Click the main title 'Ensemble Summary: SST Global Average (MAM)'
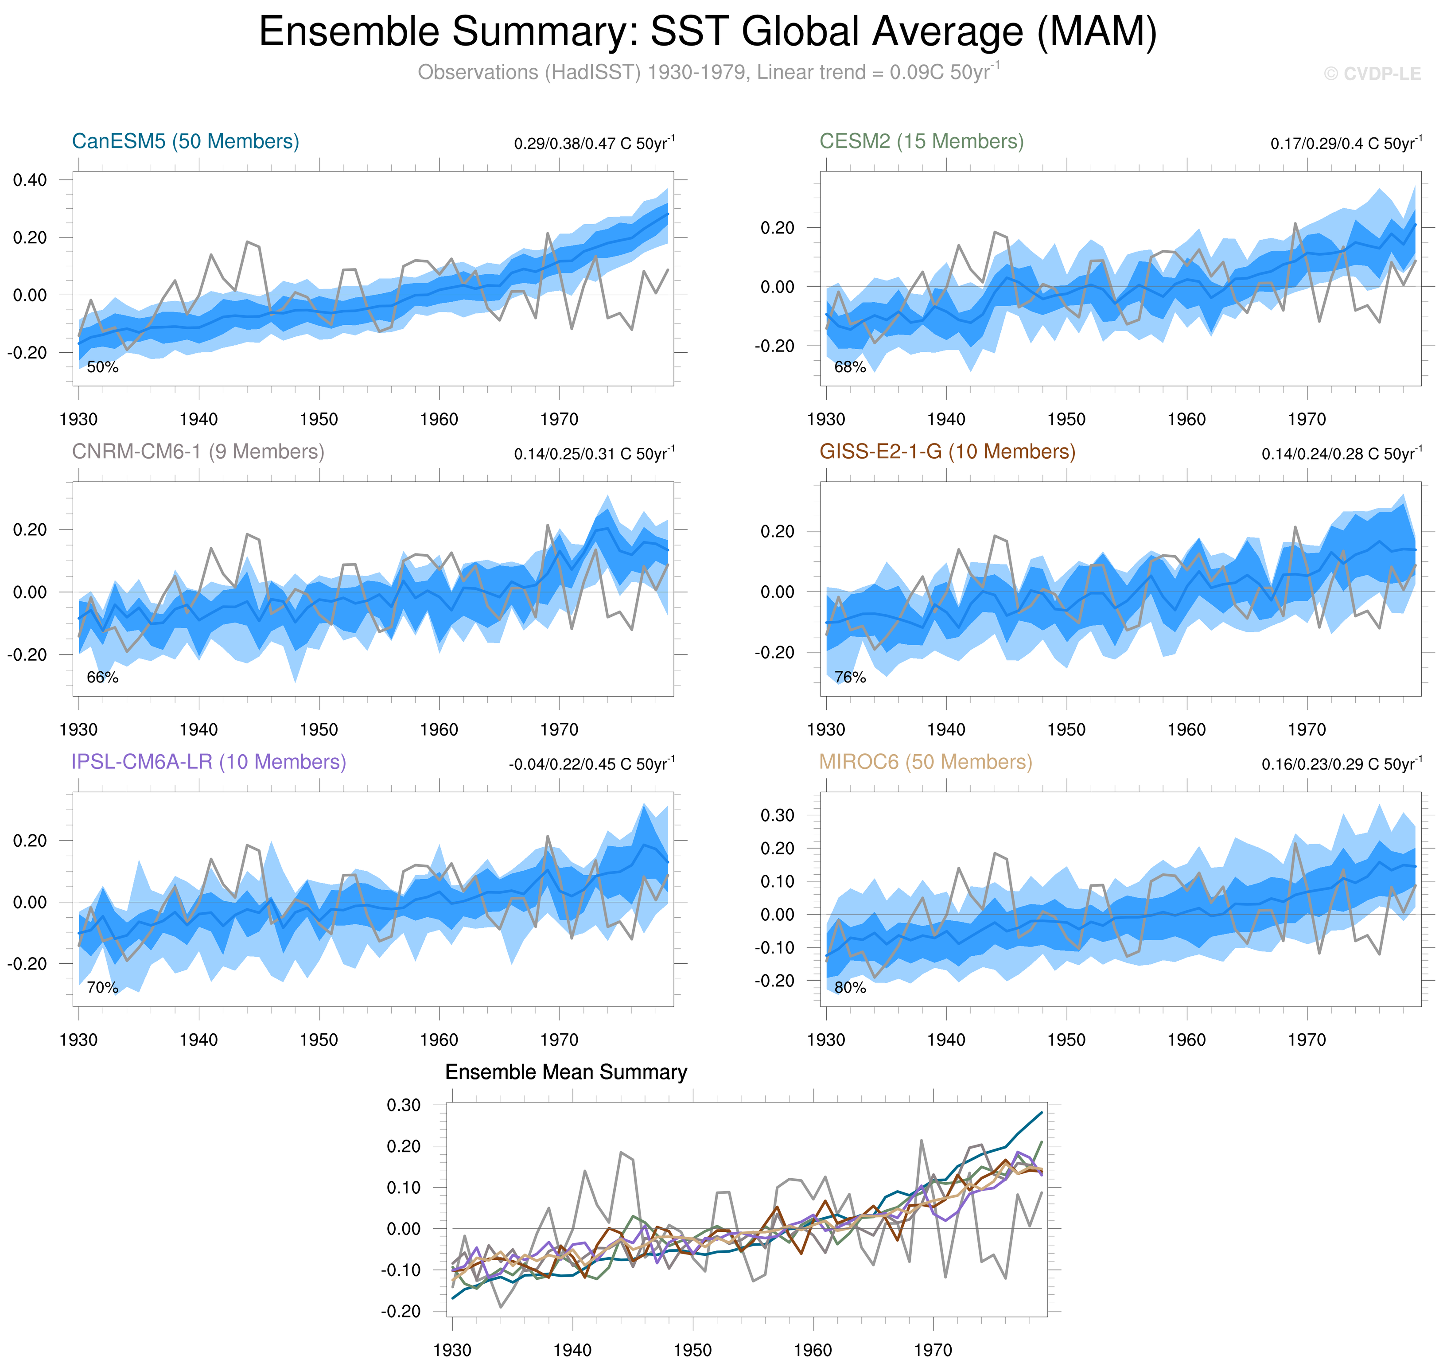pyautogui.click(x=707, y=32)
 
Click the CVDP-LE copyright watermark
pyautogui.click(x=1371, y=74)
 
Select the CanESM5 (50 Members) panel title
pyautogui.click(x=186, y=141)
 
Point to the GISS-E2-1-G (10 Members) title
pyautogui.click(x=947, y=452)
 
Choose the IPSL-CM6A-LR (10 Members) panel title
pyautogui.click(x=208, y=762)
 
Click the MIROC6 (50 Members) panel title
pyautogui.click(x=925, y=762)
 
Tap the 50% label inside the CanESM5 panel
pyautogui.click(x=102, y=367)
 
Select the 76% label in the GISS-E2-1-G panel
pyautogui.click(x=850, y=678)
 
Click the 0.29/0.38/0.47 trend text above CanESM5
pyautogui.click(x=593, y=143)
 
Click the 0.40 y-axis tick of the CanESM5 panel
pyautogui.click(x=30, y=180)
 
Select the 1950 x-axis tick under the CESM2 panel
pyautogui.click(x=1066, y=420)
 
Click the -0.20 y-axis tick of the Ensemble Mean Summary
pyautogui.click(x=401, y=1311)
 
